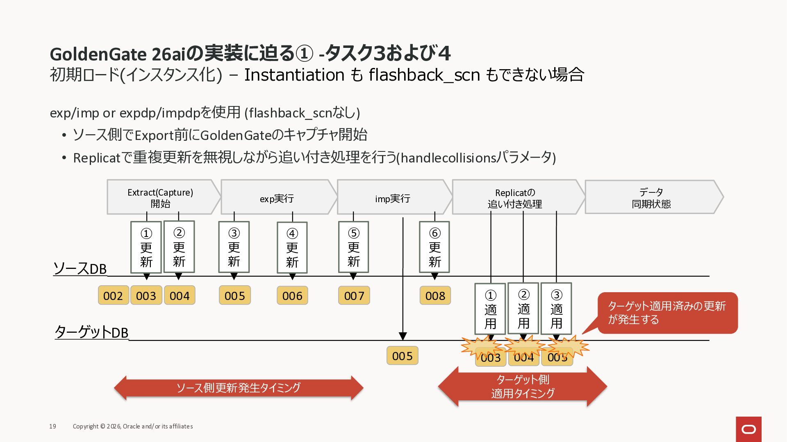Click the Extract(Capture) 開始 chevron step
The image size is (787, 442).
(x=160, y=197)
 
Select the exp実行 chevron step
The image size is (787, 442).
(x=277, y=197)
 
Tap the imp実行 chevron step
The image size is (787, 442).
(x=392, y=197)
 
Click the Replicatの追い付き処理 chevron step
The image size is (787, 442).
(x=515, y=197)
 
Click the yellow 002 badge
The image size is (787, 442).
(x=113, y=295)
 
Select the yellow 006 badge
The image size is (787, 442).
(x=292, y=295)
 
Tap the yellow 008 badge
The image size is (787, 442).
(x=435, y=295)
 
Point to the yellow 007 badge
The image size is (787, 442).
(x=354, y=295)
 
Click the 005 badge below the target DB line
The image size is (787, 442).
(x=402, y=356)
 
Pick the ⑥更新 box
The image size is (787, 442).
(x=434, y=247)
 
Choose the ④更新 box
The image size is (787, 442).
(x=292, y=247)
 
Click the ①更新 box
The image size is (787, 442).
(x=146, y=247)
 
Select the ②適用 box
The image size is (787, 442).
(x=523, y=308)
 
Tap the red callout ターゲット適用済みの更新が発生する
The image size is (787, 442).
(x=667, y=313)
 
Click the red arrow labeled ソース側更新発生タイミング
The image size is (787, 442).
(x=238, y=388)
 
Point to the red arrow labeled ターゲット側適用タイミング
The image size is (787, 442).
(x=522, y=386)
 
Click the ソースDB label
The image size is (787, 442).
(x=80, y=268)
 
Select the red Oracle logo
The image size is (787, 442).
(x=748, y=429)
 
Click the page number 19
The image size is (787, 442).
(x=53, y=426)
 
